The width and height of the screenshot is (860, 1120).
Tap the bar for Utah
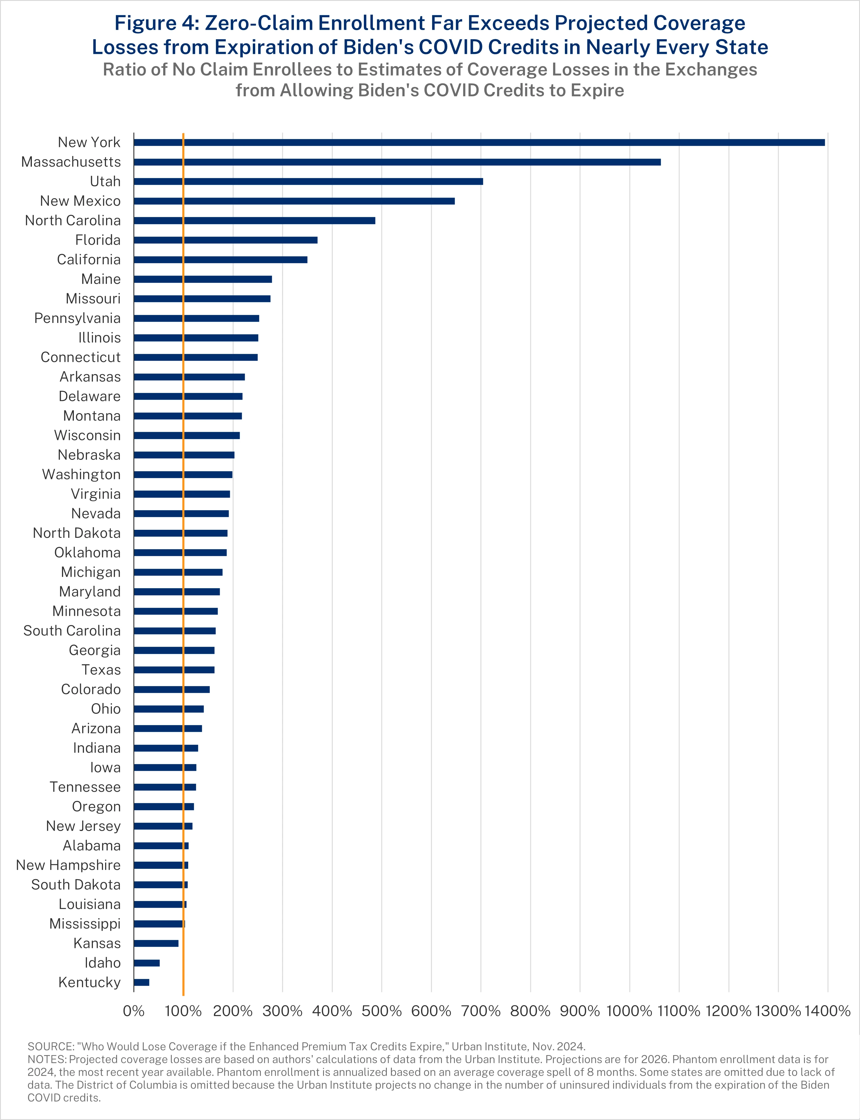click(x=308, y=182)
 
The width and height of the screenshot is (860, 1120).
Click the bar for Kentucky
click(x=141, y=982)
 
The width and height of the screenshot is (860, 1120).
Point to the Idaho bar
click(x=147, y=963)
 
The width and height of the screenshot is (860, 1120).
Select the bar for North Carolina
click(x=254, y=221)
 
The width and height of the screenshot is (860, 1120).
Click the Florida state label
click(x=98, y=240)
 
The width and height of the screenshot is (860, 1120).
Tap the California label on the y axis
click(x=88, y=260)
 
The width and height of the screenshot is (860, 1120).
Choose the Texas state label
click(x=101, y=670)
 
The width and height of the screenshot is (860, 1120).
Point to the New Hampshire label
click(x=68, y=865)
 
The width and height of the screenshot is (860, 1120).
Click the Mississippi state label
click(x=85, y=924)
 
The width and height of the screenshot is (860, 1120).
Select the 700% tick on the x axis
click(x=481, y=1011)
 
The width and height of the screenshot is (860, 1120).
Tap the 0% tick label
click(x=134, y=1011)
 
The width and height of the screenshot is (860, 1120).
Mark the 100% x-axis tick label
click(x=183, y=1011)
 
